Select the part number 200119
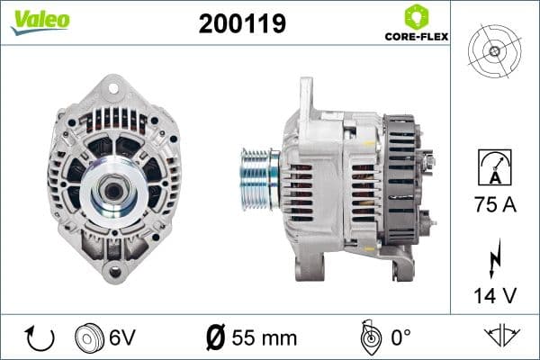click(241, 23)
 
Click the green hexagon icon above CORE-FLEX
click(415, 16)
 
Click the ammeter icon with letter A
click(494, 168)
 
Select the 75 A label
click(494, 204)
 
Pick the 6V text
click(123, 338)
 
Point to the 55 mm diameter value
click(265, 338)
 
